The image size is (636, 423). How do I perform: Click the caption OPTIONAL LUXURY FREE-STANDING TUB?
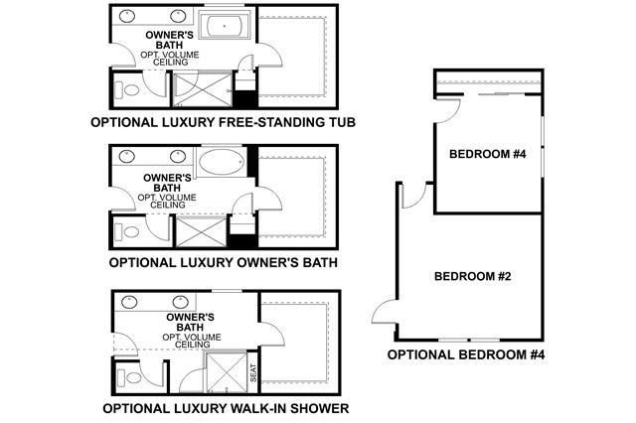point(223,123)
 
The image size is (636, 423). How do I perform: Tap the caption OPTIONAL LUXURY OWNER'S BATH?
point(223,263)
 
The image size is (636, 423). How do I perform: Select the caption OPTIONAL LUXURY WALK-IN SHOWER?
point(225,407)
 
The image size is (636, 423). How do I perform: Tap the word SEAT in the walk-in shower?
point(254,373)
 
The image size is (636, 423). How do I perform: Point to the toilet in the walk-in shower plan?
point(124,377)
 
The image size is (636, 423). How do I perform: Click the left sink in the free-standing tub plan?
point(128,17)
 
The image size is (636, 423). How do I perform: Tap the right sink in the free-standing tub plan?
point(179,17)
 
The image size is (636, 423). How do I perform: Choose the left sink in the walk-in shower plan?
point(128,300)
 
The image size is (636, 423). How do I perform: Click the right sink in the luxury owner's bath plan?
point(179,157)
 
